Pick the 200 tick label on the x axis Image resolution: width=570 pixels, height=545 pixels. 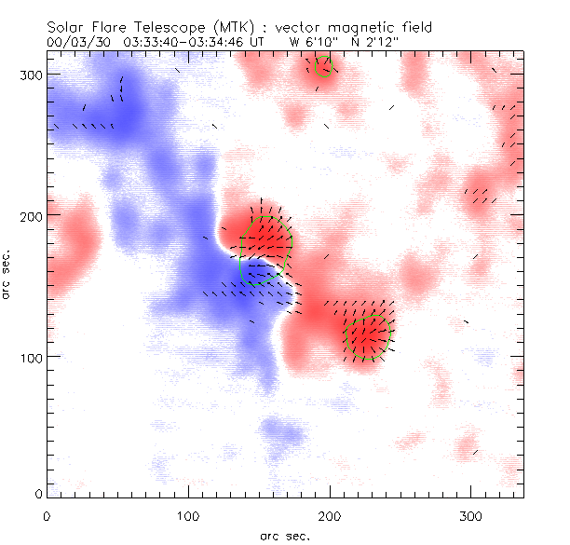(x=330, y=515)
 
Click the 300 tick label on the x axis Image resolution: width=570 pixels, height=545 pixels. (x=471, y=515)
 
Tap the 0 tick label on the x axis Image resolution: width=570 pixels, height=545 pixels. (x=47, y=515)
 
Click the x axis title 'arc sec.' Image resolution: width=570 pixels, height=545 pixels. (x=285, y=536)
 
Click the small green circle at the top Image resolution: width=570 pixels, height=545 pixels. (x=323, y=65)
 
